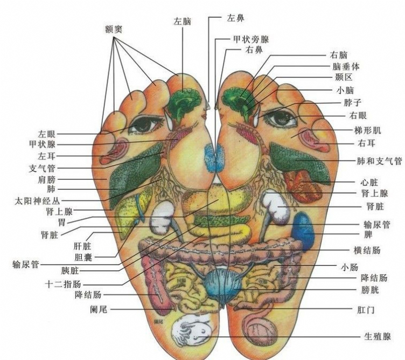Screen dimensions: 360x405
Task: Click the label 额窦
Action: [113, 28]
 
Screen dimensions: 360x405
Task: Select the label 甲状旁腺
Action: [251, 39]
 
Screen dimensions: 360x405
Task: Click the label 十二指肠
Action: [63, 283]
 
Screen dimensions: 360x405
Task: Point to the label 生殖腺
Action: [377, 336]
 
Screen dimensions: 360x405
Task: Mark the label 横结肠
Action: [368, 250]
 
